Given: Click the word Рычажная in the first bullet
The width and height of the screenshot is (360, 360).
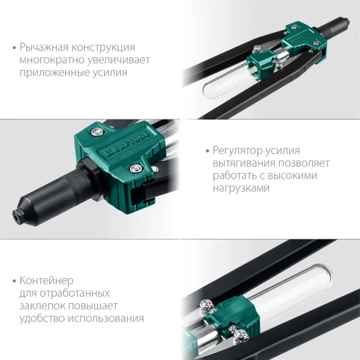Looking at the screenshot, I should [x=44, y=48].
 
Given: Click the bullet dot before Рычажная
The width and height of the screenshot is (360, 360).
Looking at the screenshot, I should [x=13, y=48].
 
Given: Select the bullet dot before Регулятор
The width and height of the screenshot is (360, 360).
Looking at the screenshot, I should [x=208, y=150].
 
